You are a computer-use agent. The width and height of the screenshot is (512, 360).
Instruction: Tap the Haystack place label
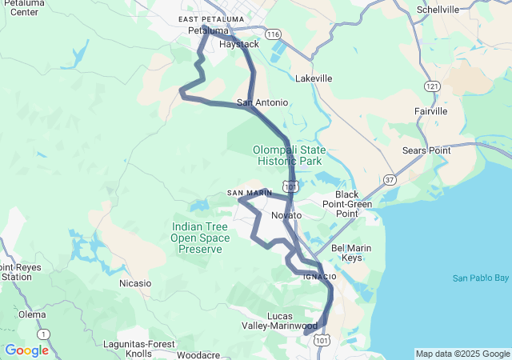tap(239, 45)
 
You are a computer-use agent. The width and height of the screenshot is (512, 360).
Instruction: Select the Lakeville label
tap(314, 79)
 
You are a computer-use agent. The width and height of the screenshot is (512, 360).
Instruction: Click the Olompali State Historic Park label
tap(289, 155)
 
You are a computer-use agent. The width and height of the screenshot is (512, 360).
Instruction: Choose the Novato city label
tap(286, 216)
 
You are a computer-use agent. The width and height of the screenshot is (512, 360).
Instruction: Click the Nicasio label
tap(134, 283)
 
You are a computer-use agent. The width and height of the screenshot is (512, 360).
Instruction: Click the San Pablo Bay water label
tap(480, 278)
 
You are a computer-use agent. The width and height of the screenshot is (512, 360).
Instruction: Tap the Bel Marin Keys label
tap(352, 253)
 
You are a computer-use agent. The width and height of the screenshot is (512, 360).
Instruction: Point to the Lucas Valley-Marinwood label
tap(279, 321)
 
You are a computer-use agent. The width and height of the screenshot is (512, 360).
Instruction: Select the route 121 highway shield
tap(433, 86)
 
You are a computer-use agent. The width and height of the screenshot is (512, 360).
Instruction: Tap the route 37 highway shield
tap(389, 179)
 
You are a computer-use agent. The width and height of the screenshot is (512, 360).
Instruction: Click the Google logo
tap(26, 350)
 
